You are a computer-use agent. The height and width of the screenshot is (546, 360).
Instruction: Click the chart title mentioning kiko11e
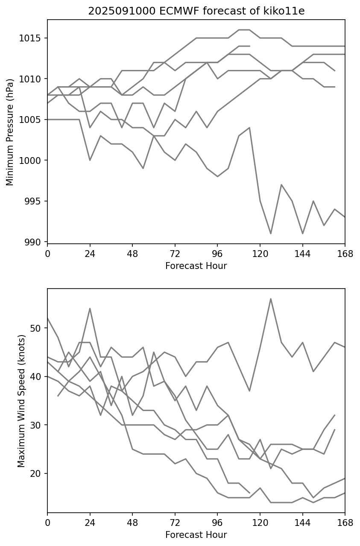(x=196, y=11)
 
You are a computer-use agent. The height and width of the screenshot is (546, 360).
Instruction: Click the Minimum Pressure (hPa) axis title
(x=10, y=131)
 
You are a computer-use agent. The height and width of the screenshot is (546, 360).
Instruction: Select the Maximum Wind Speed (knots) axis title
(x=21, y=400)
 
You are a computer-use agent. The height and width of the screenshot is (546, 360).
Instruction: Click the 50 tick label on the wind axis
(x=38, y=328)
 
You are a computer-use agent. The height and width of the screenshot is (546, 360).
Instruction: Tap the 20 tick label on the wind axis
(x=38, y=473)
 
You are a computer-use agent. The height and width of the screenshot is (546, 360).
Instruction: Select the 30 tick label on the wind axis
(x=38, y=425)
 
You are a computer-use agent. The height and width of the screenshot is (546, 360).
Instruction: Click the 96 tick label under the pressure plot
(x=217, y=254)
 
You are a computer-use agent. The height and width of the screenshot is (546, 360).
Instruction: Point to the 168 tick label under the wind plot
(x=345, y=523)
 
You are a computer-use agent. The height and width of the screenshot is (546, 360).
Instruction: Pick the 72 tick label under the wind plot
(x=175, y=523)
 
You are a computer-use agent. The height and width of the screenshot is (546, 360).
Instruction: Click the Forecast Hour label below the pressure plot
(x=196, y=266)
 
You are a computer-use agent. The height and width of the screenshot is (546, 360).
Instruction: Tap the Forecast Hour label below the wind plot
(x=196, y=535)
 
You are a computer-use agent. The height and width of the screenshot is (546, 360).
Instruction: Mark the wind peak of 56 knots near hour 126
(x=270, y=299)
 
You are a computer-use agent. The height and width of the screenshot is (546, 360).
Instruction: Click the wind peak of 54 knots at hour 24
(x=90, y=308)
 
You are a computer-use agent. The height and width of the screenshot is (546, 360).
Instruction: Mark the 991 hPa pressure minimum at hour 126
(x=270, y=234)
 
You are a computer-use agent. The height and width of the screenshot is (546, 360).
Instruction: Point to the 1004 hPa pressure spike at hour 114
(x=249, y=128)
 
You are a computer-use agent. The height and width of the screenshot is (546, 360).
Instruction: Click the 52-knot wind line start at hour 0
(x=48, y=318)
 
